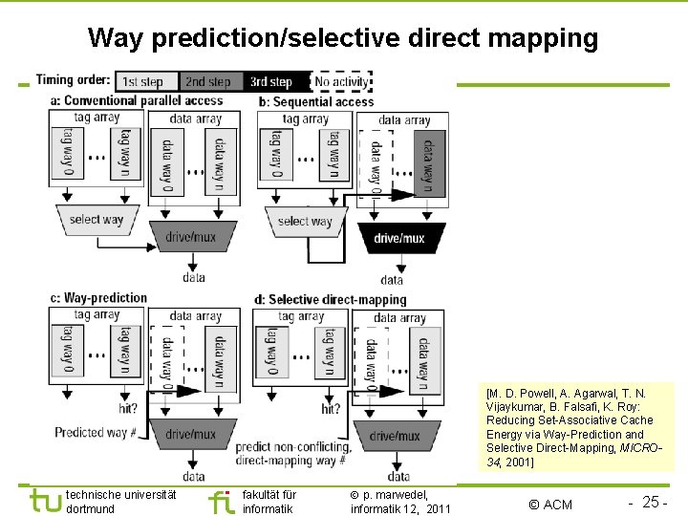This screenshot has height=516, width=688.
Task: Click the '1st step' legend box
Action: point(143,82)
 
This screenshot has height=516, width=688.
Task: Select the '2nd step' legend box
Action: point(207,82)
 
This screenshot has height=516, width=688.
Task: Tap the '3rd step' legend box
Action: point(272,82)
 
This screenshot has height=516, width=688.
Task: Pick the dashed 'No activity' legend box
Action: point(341,82)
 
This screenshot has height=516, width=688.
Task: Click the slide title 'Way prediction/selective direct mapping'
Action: point(343,38)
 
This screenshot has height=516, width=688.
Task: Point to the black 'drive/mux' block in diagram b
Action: point(399,238)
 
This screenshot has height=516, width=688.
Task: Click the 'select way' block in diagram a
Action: point(97,219)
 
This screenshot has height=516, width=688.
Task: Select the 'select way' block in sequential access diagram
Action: point(305,222)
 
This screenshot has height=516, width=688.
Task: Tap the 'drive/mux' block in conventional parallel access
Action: point(191,236)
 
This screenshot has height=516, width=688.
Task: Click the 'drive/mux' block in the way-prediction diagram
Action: point(191,435)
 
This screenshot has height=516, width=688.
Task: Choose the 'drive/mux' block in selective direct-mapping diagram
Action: point(395,436)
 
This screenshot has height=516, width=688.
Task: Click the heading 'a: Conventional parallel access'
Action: point(137,100)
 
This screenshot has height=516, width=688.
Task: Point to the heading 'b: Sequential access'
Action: point(323,101)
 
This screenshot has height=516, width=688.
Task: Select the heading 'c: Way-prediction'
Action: point(99,298)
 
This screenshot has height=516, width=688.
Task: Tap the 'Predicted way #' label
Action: point(96,433)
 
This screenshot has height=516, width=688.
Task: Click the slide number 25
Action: point(655,503)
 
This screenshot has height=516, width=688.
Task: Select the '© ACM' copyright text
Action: point(550,505)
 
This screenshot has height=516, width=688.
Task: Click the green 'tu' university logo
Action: point(45,502)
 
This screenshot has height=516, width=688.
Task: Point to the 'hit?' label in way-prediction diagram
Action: point(127,408)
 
